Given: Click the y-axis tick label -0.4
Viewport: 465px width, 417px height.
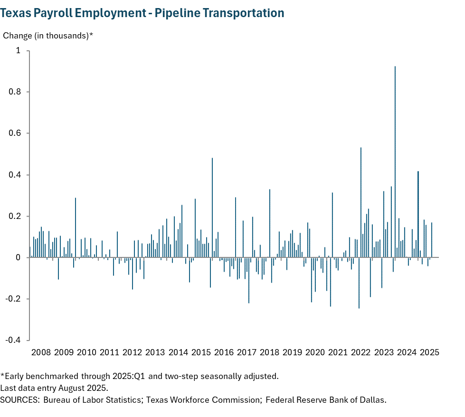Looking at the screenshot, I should click(x=13, y=340).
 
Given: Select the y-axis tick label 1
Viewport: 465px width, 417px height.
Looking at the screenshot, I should click(x=19, y=50).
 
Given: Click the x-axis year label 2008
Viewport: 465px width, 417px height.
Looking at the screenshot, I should click(x=41, y=352).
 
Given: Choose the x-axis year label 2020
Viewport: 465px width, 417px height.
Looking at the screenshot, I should click(x=315, y=352).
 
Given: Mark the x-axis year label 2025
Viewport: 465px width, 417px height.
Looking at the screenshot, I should click(x=429, y=352).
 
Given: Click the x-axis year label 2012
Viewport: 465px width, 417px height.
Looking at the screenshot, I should click(x=132, y=352).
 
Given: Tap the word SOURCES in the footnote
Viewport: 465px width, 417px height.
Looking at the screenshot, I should click(x=19, y=399).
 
